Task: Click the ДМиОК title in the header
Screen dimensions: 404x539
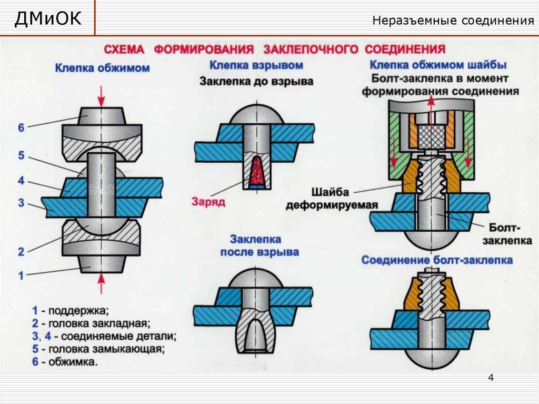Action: click(x=48, y=19)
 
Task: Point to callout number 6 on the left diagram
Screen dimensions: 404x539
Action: click(x=21, y=127)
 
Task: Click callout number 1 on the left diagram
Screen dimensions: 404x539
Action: click(x=21, y=274)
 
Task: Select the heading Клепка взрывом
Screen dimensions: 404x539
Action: click(x=256, y=65)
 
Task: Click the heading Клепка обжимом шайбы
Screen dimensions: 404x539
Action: click(x=438, y=65)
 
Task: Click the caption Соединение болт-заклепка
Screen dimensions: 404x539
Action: click(x=436, y=260)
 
